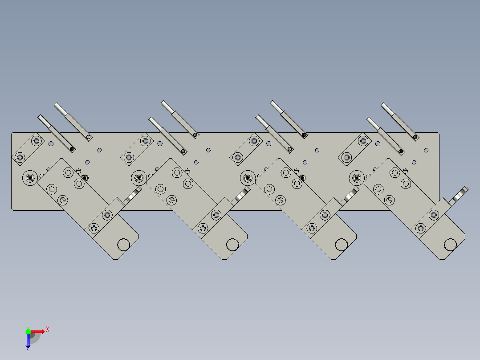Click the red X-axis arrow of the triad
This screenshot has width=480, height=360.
click(x=38, y=331)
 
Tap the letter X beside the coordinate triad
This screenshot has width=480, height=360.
click(x=48, y=330)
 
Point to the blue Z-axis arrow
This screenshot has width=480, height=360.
click(x=28, y=341)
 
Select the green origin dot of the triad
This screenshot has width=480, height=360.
click(x=28, y=331)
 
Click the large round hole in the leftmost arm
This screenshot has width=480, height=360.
click(x=123, y=245)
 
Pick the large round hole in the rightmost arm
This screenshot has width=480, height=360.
click(x=450, y=245)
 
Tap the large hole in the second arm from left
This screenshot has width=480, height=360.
click(x=232, y=245)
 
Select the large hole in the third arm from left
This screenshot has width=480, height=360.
click(x=342, y=245)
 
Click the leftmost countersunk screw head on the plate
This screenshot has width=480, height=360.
click(x=31, y=178)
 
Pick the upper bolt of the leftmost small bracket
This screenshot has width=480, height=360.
click(x=36, y=141)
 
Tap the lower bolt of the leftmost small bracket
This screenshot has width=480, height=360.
click(x=20, y=157)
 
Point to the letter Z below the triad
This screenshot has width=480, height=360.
click(x=28, y=350)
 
